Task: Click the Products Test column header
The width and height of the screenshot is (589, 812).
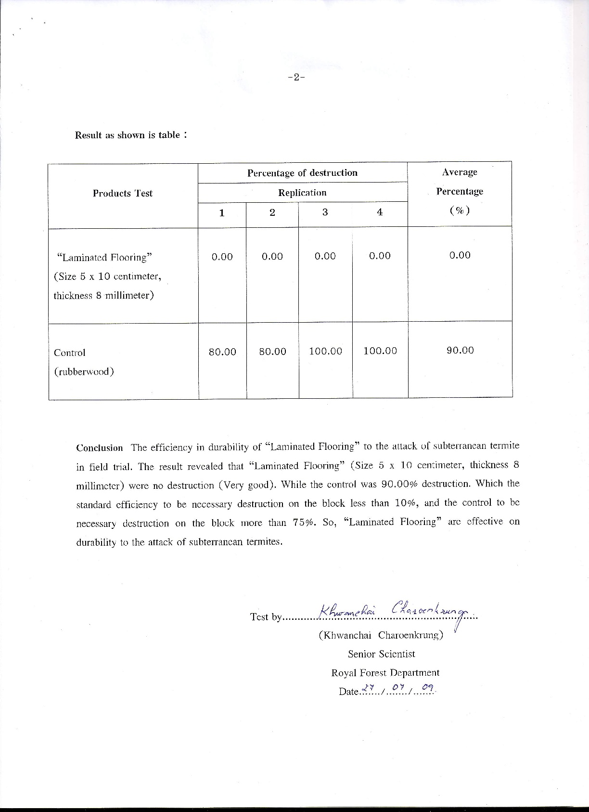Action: [x=122, y=193]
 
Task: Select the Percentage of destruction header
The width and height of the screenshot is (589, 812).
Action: [x=302, y=173]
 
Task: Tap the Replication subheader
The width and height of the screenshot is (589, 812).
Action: [x=302, y=193]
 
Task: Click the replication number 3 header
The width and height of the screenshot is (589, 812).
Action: [x=325, y=212]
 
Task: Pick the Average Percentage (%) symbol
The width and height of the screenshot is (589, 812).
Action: [x=460, y=210]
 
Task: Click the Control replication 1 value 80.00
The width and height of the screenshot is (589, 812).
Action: [x=222, y=352]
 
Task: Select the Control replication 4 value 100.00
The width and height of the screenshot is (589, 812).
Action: [x=380, y=351]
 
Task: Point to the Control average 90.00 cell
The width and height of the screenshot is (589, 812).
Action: [x=460, y=350]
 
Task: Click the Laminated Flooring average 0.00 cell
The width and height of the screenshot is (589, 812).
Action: [x=460, y=255]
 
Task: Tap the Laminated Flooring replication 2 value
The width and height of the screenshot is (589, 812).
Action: [x=272, y=257]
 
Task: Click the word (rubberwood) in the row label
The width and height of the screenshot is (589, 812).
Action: [x=84, y=372]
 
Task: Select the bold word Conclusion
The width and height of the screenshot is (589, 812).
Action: [x=100, y=448]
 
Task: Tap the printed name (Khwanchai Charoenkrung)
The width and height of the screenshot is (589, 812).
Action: [x=381, y=635]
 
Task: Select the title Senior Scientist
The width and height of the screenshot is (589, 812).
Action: [x=381, y=654]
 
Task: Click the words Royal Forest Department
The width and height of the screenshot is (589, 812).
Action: [x=385, y=673]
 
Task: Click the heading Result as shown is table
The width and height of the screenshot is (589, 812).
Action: [x=130, y=135]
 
